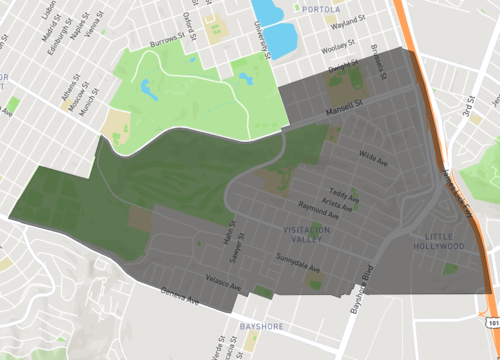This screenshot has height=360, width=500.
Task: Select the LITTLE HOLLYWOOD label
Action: (438, 240)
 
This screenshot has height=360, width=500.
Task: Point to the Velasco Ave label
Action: (224, 283)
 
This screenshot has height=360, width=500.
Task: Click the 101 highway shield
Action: (491, 323)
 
